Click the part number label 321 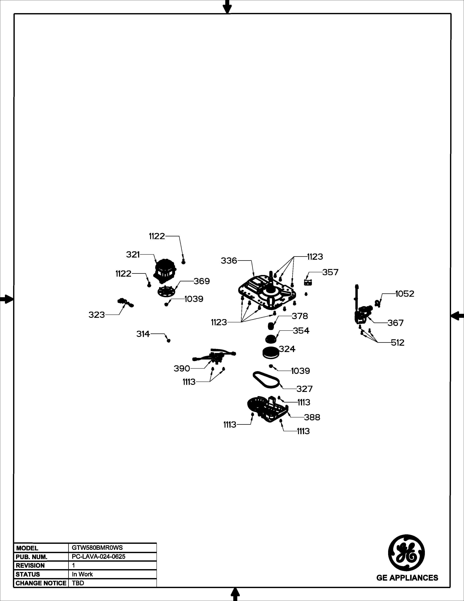pos(133,255)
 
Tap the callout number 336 pos(229,261)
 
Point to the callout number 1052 pos(405,294)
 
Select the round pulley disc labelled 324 pos(271,353)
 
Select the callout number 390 pos(182,368)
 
